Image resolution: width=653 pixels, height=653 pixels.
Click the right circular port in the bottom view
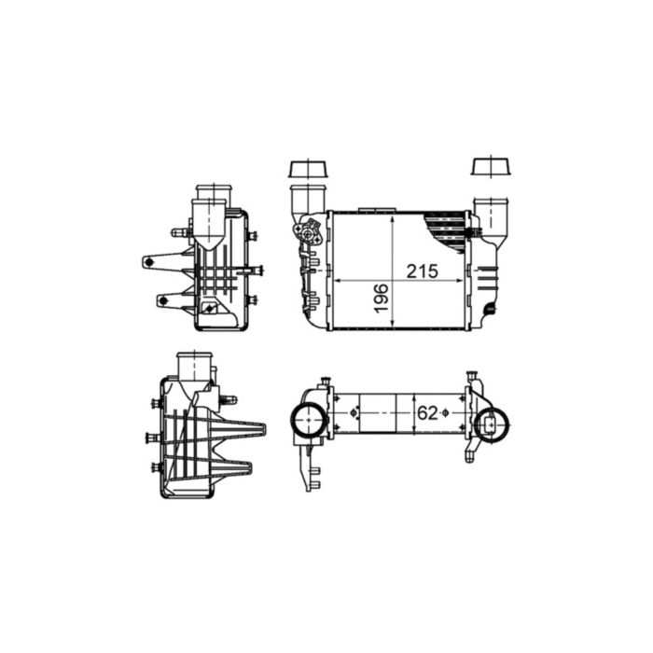491,424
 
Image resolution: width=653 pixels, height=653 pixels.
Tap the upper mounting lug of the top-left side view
163,262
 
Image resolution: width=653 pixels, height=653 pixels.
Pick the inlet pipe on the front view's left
306,203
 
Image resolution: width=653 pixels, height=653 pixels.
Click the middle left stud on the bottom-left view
152,437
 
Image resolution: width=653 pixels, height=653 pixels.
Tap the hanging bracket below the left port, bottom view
312,466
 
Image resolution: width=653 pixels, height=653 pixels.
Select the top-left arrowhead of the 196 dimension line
393,215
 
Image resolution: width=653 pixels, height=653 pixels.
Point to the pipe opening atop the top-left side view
211,193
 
